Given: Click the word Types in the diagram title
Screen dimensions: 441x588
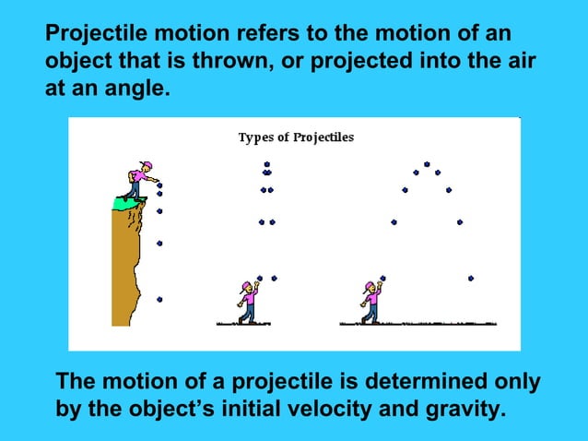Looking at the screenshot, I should click(254, 137).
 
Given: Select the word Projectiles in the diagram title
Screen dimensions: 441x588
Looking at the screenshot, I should click(323, 137).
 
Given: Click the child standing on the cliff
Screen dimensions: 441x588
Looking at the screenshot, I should click(139, 180).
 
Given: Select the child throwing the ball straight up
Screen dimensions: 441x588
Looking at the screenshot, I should click(247, 302).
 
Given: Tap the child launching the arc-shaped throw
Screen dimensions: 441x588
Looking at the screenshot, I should click(370, 302).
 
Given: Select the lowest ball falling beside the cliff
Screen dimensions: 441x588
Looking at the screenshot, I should click(159, 299).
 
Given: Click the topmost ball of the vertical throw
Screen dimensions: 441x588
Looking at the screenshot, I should click(266, 164).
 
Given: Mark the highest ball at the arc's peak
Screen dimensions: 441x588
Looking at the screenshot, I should click(426, 163).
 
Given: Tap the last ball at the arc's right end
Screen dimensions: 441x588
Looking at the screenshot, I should click(471, 278).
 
